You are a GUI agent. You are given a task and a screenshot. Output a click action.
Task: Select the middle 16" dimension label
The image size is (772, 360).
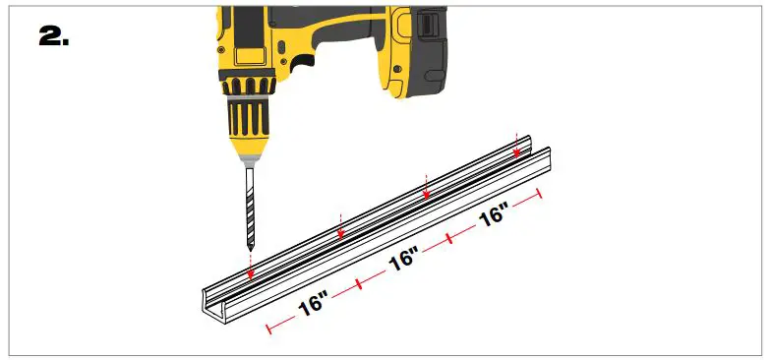[403, 261]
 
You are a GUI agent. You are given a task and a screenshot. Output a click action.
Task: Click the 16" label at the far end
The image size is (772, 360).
[494, 214]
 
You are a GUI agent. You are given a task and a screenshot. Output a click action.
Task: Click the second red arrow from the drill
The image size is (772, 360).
[339, 227]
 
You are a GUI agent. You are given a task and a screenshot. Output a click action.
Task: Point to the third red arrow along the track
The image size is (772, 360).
[425, 190]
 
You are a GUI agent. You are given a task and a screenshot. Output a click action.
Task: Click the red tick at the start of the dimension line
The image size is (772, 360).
[267, 328]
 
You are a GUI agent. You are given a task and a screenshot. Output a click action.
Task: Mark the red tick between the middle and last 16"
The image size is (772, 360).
[448, 237]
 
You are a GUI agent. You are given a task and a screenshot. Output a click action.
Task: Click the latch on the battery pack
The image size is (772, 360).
[430, 23]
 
